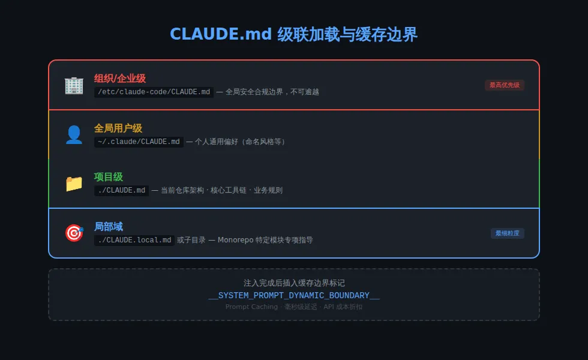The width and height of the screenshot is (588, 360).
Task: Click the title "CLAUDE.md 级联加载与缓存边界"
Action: pos(294,35)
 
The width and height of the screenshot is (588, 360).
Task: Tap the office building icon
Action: pos(74,85)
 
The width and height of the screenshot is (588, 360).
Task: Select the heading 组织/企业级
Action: pos(120,79)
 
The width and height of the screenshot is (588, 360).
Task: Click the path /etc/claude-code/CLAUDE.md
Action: pos(154,92)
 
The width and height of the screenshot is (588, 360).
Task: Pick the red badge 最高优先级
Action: pos(504,85)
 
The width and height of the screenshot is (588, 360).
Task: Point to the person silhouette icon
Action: pos(74,134)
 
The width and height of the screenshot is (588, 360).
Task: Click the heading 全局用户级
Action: pos(118,128)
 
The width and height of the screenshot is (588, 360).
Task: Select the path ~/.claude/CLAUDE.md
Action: pos(139,142)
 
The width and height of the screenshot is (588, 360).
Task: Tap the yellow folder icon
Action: pos(74,184)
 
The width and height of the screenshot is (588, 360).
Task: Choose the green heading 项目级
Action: pos(109,177)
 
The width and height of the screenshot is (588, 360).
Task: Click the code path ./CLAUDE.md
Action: pos(121,190)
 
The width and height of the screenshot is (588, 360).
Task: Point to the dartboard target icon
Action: pos(74,233)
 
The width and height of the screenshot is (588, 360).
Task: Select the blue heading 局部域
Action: pos(109,226)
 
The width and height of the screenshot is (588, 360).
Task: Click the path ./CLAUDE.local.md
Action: pos(134,240)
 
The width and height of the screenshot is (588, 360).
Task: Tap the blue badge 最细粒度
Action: pos(507,233)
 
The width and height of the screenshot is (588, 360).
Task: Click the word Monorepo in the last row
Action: pos(236,240)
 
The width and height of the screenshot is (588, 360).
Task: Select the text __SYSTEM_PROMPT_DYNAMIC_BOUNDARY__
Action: pos(294,295)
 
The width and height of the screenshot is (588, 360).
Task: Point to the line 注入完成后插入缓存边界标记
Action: pos(294,283)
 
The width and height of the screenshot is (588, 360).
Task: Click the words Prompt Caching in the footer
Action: pos(251,307)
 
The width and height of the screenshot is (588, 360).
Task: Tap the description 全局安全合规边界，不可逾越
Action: pos(272,92)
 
